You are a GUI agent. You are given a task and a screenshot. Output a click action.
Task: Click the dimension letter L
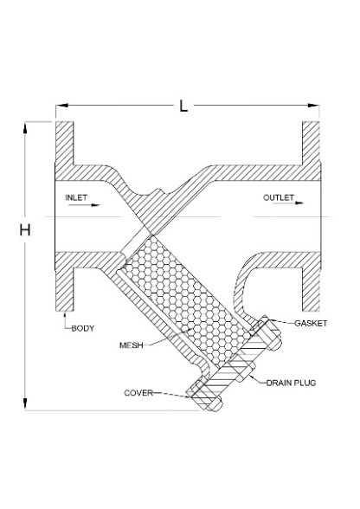(x=183, y=106)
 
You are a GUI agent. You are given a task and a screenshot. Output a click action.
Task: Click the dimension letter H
(x=25, y=230)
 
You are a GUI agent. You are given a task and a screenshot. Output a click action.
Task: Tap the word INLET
(x=76, y=197)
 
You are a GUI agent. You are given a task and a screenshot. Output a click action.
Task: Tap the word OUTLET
(x=279, y=197)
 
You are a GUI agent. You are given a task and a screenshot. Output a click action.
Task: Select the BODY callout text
(x=83, y=328)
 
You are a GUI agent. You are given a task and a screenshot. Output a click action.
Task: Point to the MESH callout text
(x=132, y=345)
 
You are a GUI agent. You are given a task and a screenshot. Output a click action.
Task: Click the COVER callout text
(x=138, y=393)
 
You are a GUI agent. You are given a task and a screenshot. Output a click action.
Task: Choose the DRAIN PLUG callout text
(x=291, y=383)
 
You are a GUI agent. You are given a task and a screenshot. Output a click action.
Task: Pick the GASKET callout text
(x=311, y=324)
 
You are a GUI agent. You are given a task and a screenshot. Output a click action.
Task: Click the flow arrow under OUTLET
(x=288, y=203)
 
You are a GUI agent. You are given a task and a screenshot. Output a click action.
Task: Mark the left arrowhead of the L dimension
(x=61, y=106)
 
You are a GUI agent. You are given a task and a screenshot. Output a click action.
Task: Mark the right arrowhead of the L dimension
(x=313, y=106)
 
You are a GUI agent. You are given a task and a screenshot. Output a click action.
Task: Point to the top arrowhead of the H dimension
(x=25, y=128)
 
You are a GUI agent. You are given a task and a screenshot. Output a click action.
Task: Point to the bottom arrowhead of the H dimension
(x=25, y=403)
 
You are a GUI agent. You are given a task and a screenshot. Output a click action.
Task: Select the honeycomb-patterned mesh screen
(x=184, y=298)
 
